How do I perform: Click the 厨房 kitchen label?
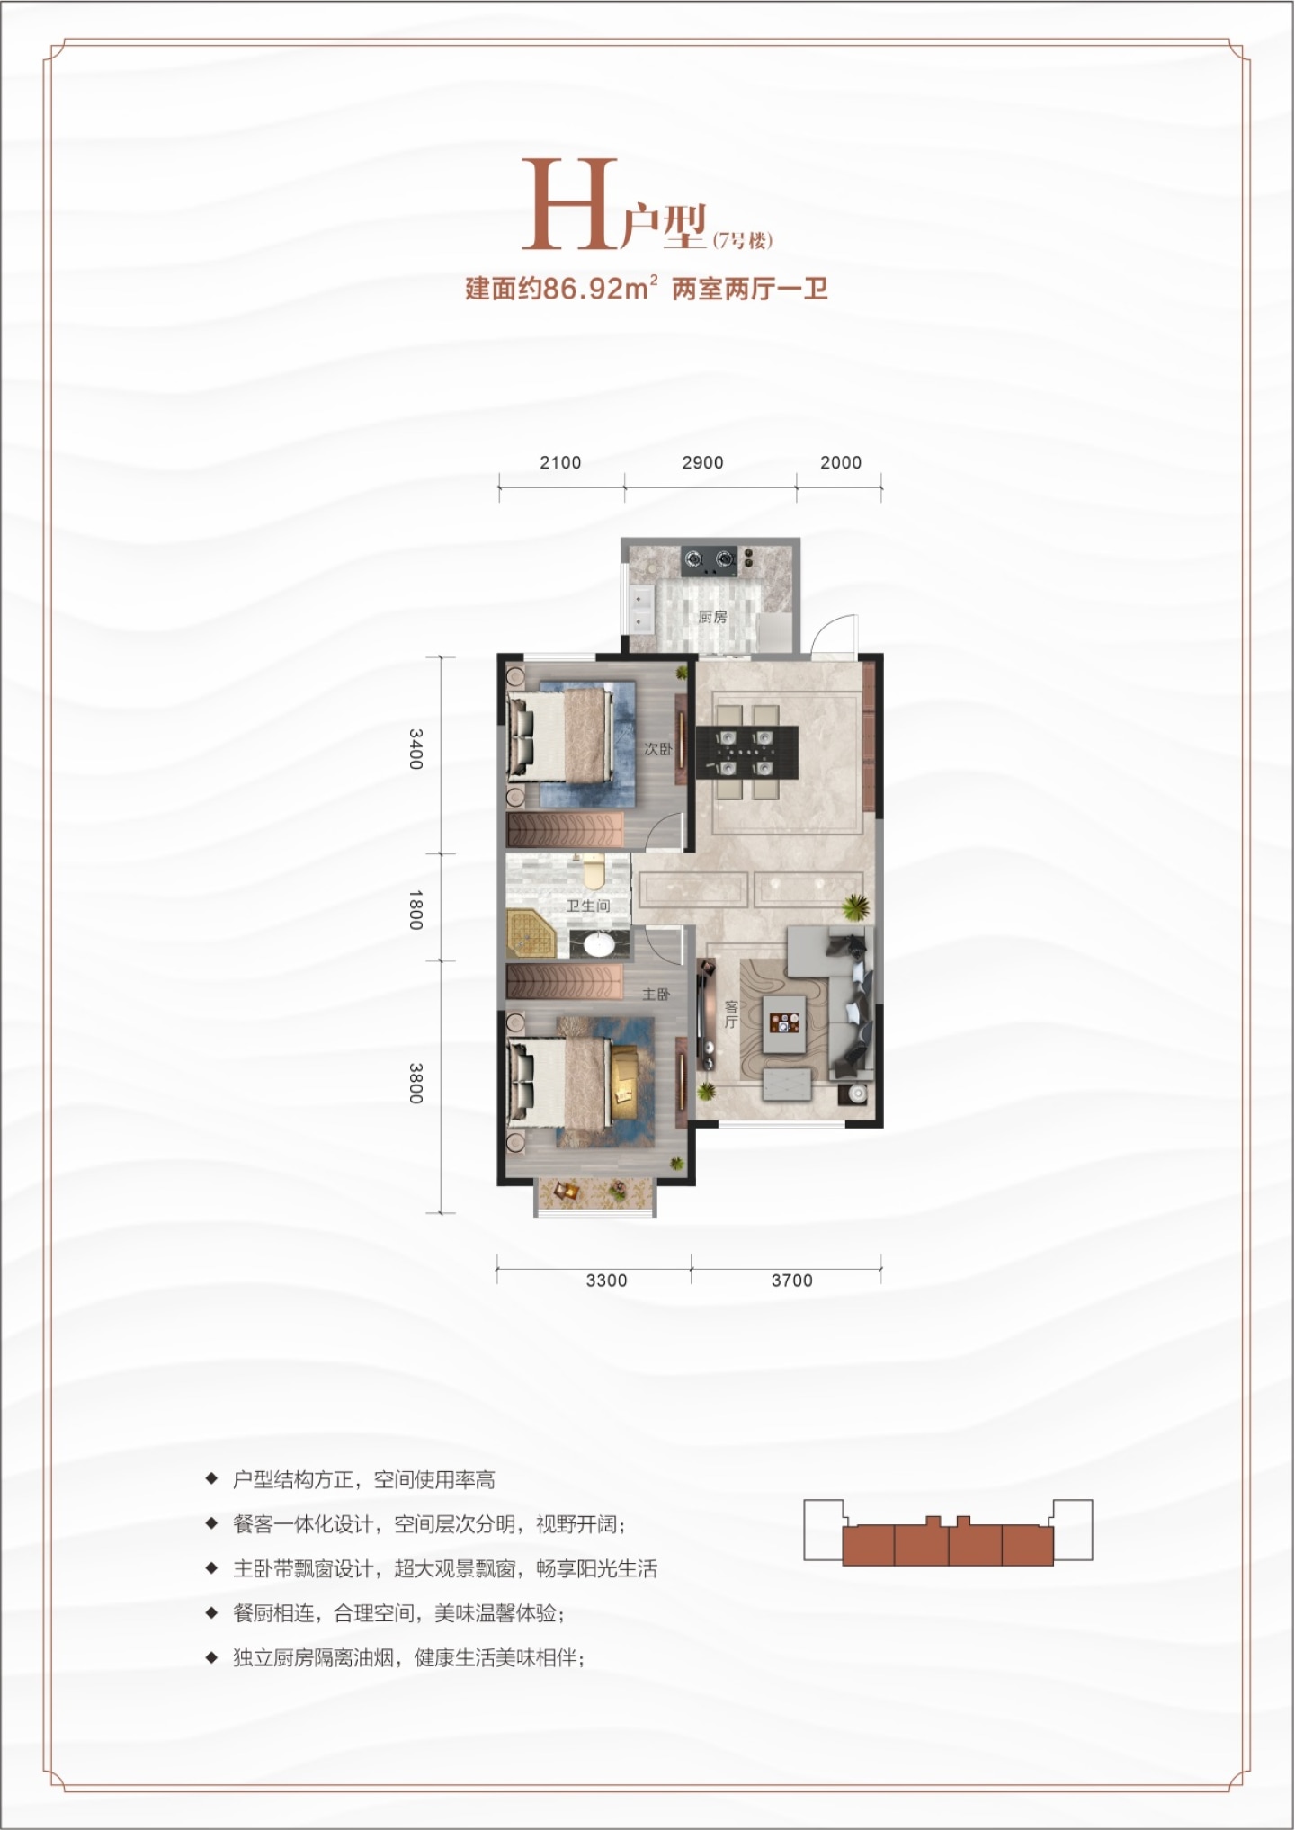coord(712,618)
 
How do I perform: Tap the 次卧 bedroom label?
coord(657,749)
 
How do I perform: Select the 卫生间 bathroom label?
coord(588,906)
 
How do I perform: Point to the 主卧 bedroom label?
coord(656,995)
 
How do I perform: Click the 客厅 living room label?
coord(730,1014)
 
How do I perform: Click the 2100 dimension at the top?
coord(560,462)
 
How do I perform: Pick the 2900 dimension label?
coord(702,462)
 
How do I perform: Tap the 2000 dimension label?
coord(841,462)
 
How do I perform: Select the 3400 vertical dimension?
coord(415,748)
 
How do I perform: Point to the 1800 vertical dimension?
coord(415,909)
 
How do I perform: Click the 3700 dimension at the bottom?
coord(791,1281)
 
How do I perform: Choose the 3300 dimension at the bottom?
coord(606,1281)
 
